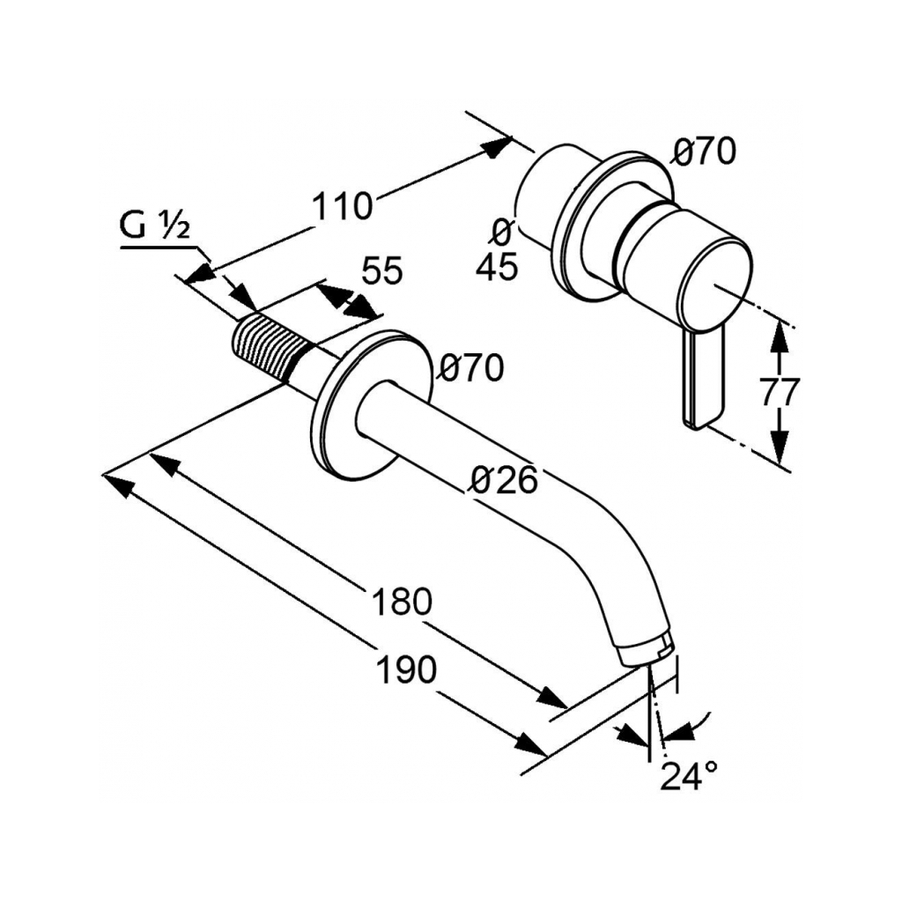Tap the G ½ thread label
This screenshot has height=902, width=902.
154,227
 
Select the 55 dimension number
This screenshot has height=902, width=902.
381,271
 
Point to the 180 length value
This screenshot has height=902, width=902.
402,603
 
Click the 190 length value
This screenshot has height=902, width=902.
406,670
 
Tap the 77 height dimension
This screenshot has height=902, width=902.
780,390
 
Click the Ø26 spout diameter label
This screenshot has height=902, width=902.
504,480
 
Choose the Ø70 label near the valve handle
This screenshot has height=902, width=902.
704,152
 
